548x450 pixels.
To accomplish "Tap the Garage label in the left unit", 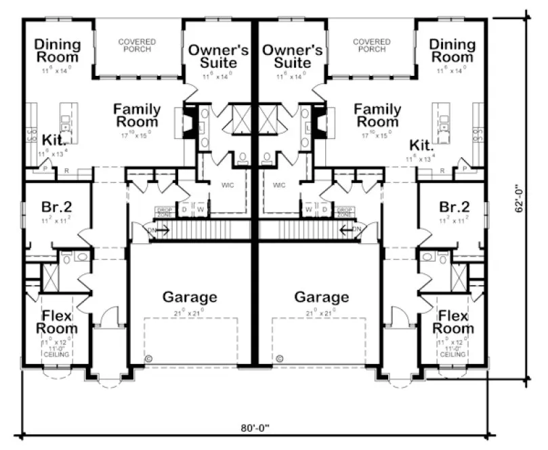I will click(190, 298).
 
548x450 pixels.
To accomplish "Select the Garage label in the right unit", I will click(322, 298).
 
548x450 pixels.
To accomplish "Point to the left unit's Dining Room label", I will click(58, 51).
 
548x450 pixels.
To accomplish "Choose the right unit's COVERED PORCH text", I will click(372, 45).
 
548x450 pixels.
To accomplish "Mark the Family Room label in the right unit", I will click(378, 115).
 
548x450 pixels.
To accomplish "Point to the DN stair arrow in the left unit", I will click(155, 230).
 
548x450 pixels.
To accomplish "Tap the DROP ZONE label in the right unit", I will click(345, 212).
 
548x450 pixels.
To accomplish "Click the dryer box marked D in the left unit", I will click(184, 210).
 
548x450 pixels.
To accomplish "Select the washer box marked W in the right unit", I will click(308, 210).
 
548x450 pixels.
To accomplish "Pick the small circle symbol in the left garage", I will click(148, 357).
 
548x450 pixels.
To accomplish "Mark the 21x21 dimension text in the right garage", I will click(322, 313).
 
